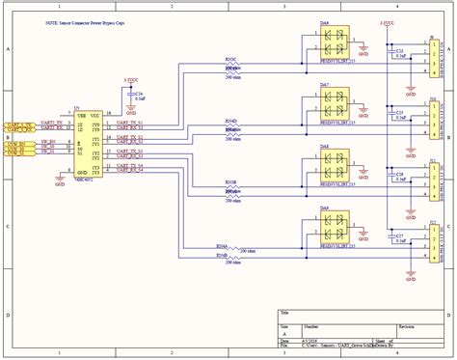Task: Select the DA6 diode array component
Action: [335, 43]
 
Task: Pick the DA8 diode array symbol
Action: [335, 160]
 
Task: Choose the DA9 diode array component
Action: [335, 222]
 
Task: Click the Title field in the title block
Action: [285, 314]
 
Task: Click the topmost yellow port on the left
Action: [21, 124]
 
